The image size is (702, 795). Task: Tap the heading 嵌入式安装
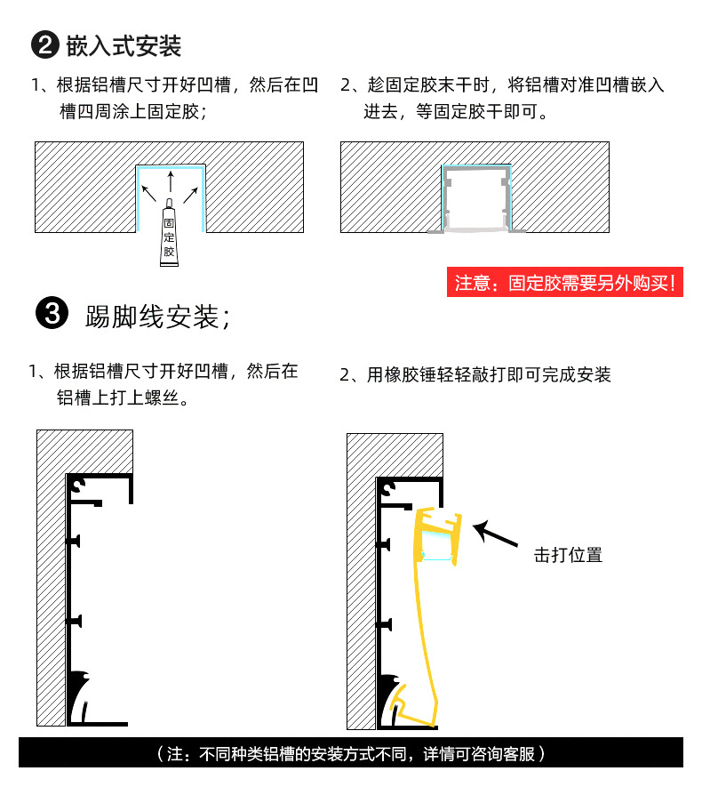tap(124, 44)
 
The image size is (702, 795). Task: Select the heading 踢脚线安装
tap(156, 316)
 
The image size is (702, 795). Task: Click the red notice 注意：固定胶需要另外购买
tap(564, 283)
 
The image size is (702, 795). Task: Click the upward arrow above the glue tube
tap(169, 183)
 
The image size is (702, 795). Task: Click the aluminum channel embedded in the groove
tap(476, 201)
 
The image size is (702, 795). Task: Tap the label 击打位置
tap(568, 555)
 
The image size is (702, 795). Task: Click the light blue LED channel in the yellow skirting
tap(437, 544)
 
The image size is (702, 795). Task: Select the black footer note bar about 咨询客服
tap(351, 753)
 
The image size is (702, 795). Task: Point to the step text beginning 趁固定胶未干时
tap(502, 98)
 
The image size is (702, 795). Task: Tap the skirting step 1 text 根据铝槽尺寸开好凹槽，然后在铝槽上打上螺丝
tap(164, 383)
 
